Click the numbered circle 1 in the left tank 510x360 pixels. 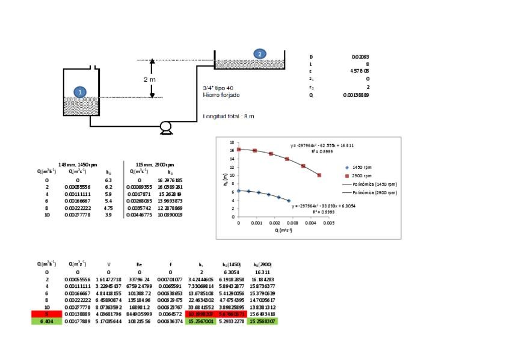(81, 91)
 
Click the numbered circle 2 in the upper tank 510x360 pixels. (260, 53)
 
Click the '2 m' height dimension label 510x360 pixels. (150, 79)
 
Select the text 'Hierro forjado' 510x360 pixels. (220, 95)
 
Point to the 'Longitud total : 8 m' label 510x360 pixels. (229, 116)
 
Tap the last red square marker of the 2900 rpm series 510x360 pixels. (319, 175)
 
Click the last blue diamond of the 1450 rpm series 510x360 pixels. (289, 201)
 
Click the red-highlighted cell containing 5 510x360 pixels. (47, 314)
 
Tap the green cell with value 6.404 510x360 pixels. (47, 322)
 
